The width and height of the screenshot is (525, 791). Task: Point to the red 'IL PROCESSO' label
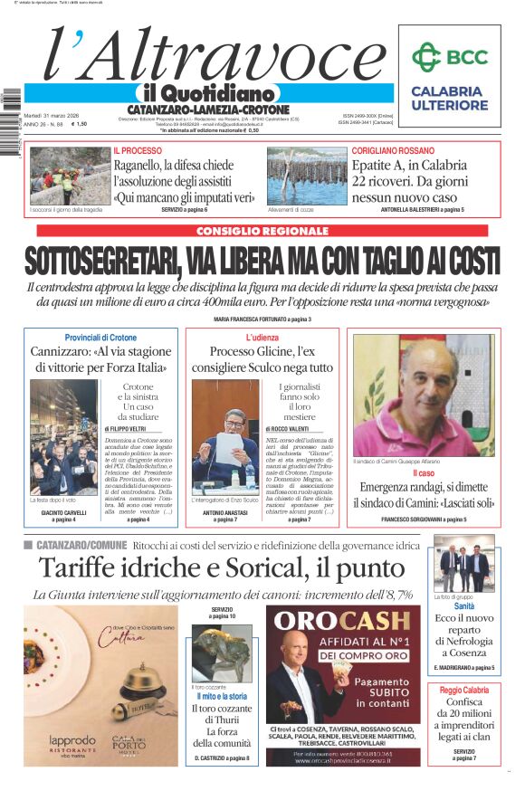coord(138,150)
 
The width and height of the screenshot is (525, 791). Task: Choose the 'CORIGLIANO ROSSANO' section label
coord(393,150)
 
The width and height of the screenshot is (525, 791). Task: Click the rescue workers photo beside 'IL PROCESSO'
coord(71,176)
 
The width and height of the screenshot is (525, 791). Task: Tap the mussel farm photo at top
coord(307,176)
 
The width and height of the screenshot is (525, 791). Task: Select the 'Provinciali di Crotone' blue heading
coord(101,338)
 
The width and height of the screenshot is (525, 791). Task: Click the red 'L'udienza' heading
coord(261,338)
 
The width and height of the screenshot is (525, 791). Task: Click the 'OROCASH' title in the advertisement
coord(343,621)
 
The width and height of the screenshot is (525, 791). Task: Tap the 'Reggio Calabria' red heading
coord(464,690)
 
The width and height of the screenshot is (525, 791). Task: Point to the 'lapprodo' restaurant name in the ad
coord(72,739)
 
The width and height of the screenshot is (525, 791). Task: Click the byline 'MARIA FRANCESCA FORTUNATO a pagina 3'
coord(262,319)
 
